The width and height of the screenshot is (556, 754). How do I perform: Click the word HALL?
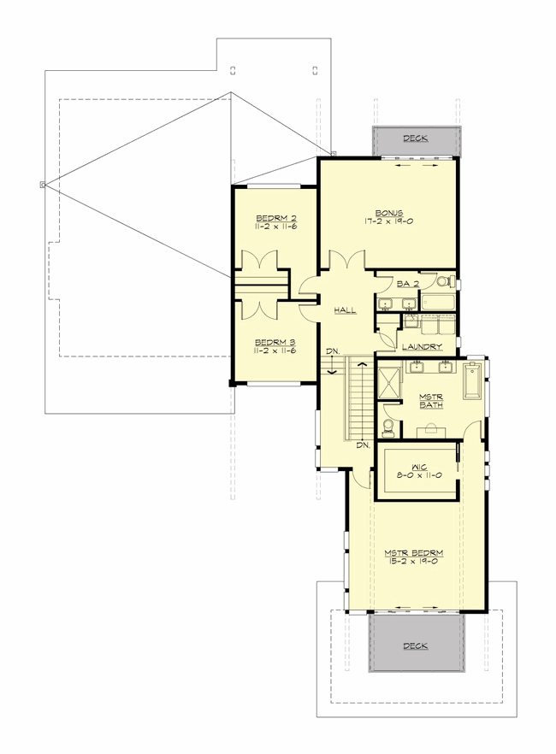(346, 309)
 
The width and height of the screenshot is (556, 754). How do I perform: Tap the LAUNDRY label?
(420, 346)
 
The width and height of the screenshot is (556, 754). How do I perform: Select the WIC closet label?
(417, 467)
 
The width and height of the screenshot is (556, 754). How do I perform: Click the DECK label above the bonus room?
(416, 138)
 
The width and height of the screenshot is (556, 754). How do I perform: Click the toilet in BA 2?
(442, 280)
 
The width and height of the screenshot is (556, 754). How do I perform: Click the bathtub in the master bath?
(473, 382)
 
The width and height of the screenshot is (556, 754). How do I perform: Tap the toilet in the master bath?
(388, 424)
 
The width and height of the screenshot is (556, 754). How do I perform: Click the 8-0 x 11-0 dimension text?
(417, 475)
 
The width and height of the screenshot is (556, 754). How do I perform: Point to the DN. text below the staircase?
(362, 445)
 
